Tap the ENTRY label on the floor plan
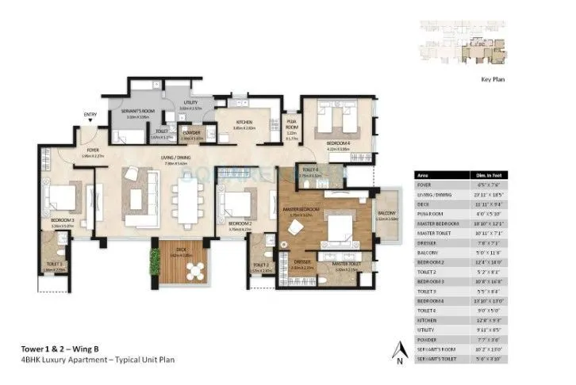90,115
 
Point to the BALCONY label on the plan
386,213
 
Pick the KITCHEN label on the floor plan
244,122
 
